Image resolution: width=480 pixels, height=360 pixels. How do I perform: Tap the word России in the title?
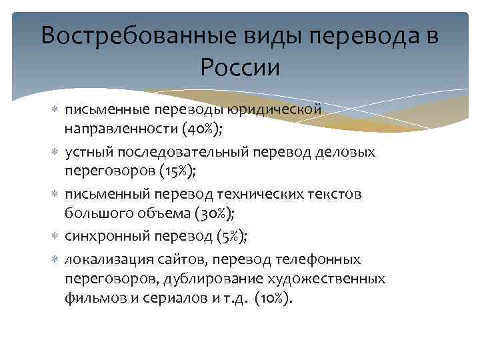(239, 67)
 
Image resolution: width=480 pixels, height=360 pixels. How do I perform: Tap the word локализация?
(105, 259)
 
